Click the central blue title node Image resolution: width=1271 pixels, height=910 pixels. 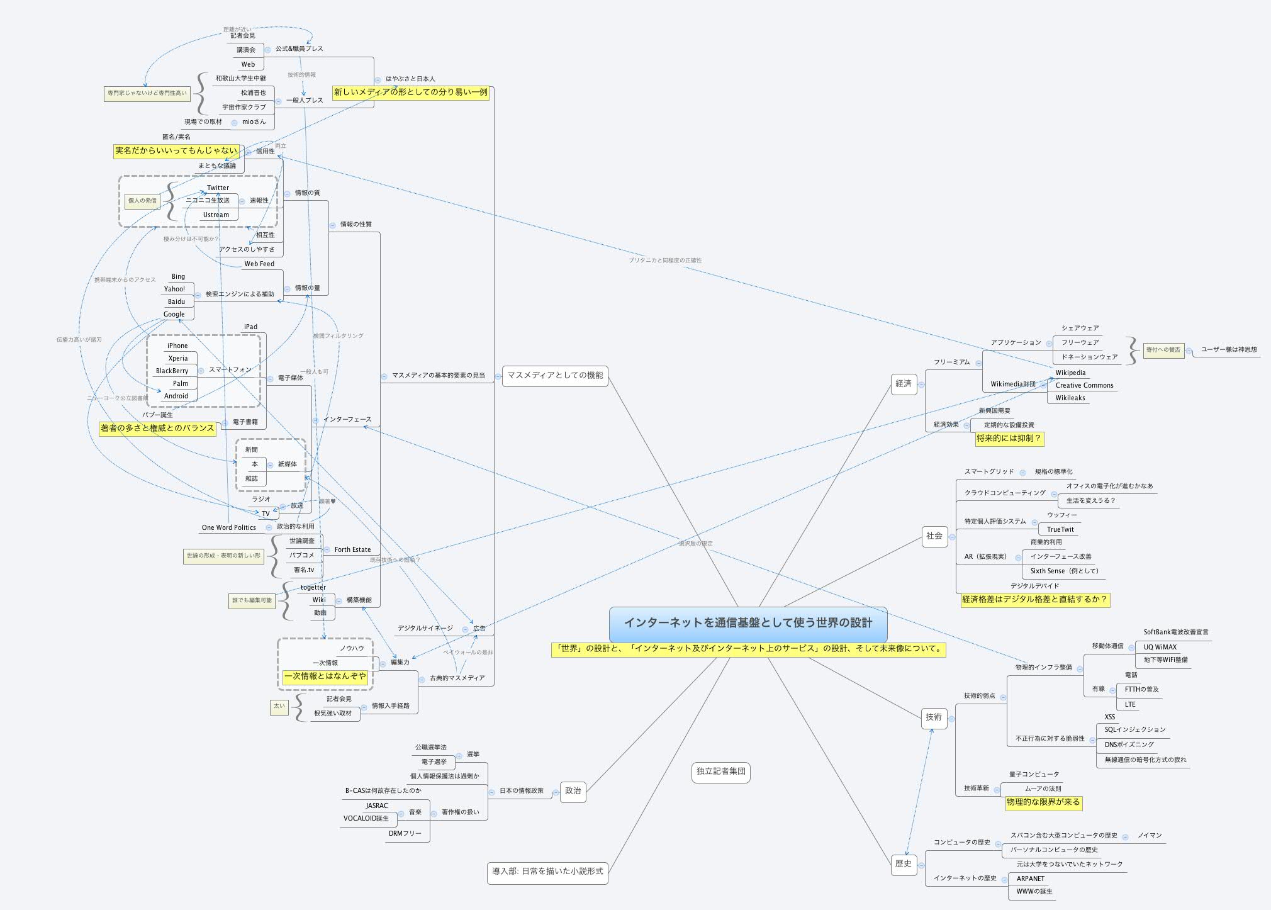pyautogui.click(x=748, y=624)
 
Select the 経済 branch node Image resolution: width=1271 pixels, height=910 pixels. pyautogui.click(x=904, y=384)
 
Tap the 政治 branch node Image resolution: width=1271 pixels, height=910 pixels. pyautogui.click(x=573, y=791)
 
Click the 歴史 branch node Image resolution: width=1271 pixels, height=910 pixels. pyautogui.click(x=904, y=864)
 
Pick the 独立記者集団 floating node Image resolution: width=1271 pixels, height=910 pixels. pyautogui.click(x=721, y=772)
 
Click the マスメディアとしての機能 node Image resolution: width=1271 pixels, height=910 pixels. pyautogui.click(x=555, y=376)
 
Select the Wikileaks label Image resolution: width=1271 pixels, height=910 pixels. pyautogui.click(x=1070, y=398)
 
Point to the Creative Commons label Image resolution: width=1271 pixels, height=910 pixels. pyautogui.click(x=1084, y=385)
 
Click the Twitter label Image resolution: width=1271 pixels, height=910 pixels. pyautogui.click(x=218, y=188)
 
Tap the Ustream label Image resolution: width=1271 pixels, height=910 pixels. pyautogui.click(x=216, y=215)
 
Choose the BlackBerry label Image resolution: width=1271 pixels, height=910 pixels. pyautogui.click(x=172, y=371)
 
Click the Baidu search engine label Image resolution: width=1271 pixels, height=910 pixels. pyautogui.click(x=176, y=301)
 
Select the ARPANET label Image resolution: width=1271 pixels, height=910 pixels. pyautogui.click(x=1031, y=879)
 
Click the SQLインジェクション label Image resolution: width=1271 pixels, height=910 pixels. pyautogui.click(x=1135, y=729)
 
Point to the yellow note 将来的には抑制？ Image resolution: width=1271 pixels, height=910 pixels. pyautogui.click(x=1009, y=439)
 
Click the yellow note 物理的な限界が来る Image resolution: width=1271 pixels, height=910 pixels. pyautogui.click(x=1043, y=802)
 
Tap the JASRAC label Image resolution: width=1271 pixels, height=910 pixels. pyautogui.click(x=377, y=806)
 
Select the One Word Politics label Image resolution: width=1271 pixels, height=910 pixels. pyautogui.click(x=228, y=527)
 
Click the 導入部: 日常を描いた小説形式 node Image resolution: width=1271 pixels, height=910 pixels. pyautogui.click(x=547, y=872)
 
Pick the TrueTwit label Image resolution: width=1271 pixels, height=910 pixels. pyautogui.click(x=1060, y=529)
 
